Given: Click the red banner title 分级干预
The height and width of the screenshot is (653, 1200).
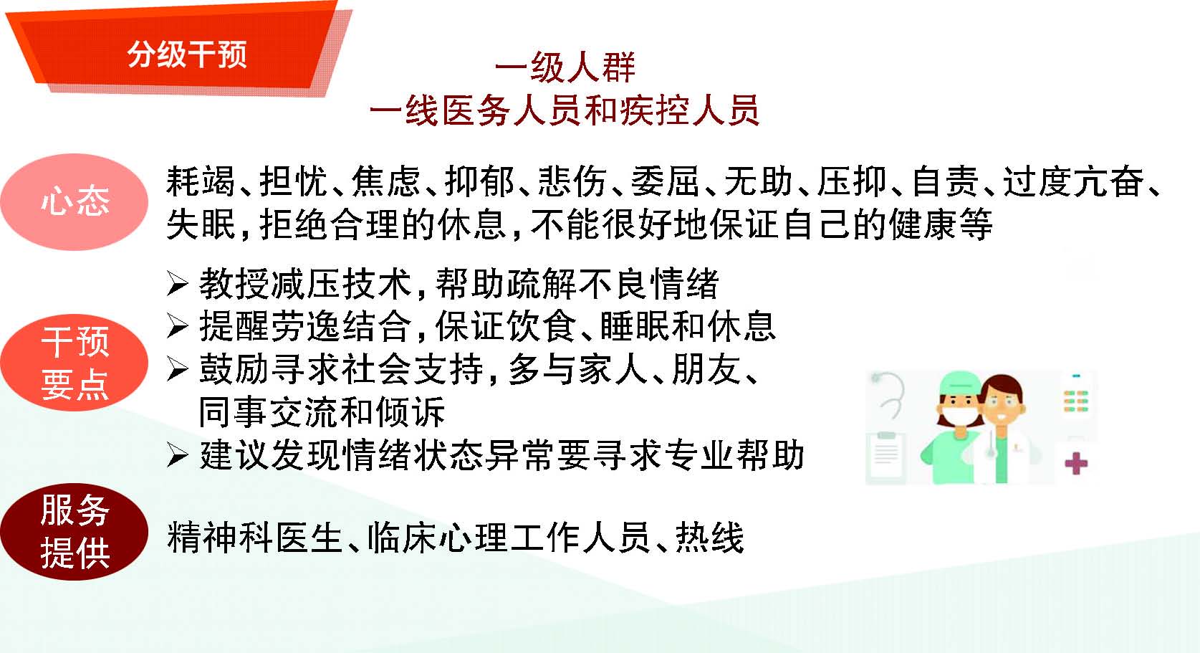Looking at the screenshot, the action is pyautogui.click(x=187, y=54).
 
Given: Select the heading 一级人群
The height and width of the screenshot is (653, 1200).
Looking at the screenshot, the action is pyautogui.click(x=565, y=67).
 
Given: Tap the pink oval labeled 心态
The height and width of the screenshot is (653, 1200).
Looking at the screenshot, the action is pyautogui.click(x=74, y=202).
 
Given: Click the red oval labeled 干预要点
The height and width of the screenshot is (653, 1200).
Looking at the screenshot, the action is pyautogui.click(x=74, y=363).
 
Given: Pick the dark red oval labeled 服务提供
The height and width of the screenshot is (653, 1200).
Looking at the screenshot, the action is pyautogui.click(x=74, y=531).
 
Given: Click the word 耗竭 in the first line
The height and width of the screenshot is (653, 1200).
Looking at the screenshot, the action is pyautogui.click(x=201, y=181).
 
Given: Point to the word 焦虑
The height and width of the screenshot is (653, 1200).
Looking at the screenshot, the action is pyautogui.click(x=386, y=181).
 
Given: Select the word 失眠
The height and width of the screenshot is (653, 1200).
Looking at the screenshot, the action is pyautogui.click(x=201, y=224).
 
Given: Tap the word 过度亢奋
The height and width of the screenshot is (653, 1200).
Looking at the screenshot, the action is pyautogui.click(x=1073, y=181).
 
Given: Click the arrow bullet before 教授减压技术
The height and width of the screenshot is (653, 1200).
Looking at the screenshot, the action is pyautogui.click(x=178, y=284).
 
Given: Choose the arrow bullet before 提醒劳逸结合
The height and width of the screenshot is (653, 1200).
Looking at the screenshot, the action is pyautogui.click(x=178, y=326).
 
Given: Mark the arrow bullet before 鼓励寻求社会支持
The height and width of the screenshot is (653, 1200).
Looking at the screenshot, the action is pyautogui.click(x=178, y=369).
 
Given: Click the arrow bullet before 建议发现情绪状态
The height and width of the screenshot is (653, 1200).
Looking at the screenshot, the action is pyautogui.click(x=178, y=455).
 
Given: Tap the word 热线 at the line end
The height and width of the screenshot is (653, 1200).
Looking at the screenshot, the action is pyautogui.click(x=709, y=537).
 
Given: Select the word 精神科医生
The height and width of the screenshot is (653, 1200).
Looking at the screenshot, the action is pyautogui.click(x=254, y=537).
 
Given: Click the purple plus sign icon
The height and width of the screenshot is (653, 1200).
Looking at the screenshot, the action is pyautogui.click(x=1076, y=464).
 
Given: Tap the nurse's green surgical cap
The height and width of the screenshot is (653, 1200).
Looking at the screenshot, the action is pyautogui.click(x=961, y=384).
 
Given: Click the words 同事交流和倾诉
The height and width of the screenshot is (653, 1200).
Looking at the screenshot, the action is pyautogui.click(x=322, y=412).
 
